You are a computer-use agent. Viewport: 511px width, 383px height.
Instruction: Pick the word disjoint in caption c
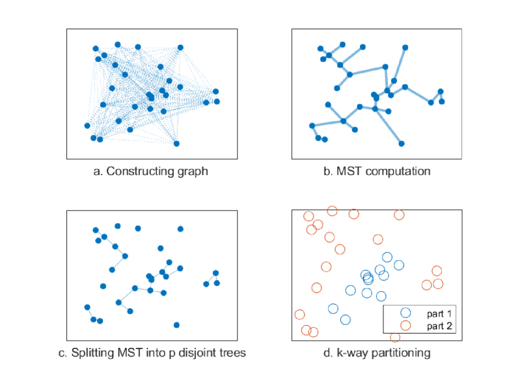click(191, 354)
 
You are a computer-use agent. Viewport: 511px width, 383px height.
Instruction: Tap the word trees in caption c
click(228, 354)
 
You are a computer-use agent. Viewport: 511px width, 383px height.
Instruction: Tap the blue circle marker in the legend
click(405, 313)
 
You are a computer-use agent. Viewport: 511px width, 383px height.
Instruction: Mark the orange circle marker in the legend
click(405, 325)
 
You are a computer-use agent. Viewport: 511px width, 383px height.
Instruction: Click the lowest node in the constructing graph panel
click(176, 143)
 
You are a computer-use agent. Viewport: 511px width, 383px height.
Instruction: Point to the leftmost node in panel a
click(87, 125)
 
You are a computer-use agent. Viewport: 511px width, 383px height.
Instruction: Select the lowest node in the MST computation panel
click(402, 143)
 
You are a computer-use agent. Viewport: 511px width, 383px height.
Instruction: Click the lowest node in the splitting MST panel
click(176, 324)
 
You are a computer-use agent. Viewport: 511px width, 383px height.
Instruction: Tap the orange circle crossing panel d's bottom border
click(395, 337)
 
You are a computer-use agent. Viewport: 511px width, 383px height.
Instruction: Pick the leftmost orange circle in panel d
click(299, 315)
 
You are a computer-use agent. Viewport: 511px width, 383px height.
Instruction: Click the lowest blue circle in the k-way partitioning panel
click(345, 319)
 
